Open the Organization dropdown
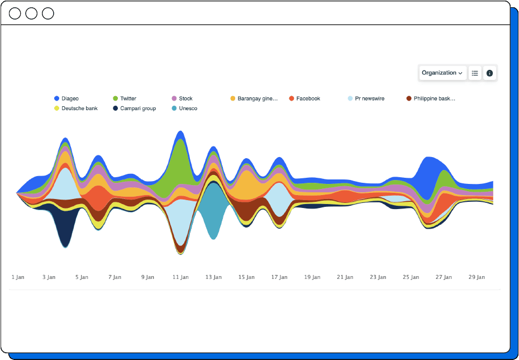pyautogui.click(x=442, y=73)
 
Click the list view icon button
pyautogui.click(x=475, y=73)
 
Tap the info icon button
pyautogui.click(x=489, y=73)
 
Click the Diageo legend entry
pyautogui.click(x=70, y=98)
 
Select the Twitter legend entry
pyautogui.click(x=128, y=98)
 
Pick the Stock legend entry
pyautogui.click(x=185, y=98)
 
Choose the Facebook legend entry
pyautogui.click(x=308, y=98)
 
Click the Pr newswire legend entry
pyautogui.click(x=369, y=98)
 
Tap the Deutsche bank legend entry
pyautogui.click(x=79, y=108)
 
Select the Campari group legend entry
pyautogui.click(x=138, y=108)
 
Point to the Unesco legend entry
pyautogui.click(x=188, y=108)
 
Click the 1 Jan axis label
pyautogui.click(x=18, y=277)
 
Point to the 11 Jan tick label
pyautogui.click(x=181, y=277)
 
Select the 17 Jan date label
pyautogui.click(x=279, y=277)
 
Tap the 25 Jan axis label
pyautogui.click(x=411, y=277)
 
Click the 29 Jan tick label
pyautogui.click(x=477, y=277)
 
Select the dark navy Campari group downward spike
pyautogui.click(x=65, y=226)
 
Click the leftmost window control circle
pyautogui.click(x=15, y=13)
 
